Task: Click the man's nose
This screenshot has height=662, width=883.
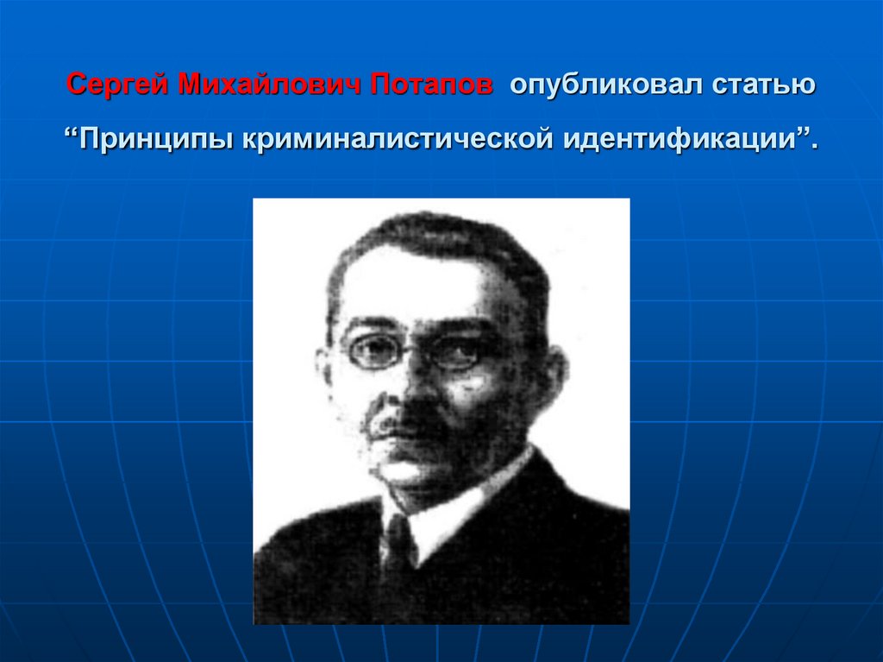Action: pos(410,384)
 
